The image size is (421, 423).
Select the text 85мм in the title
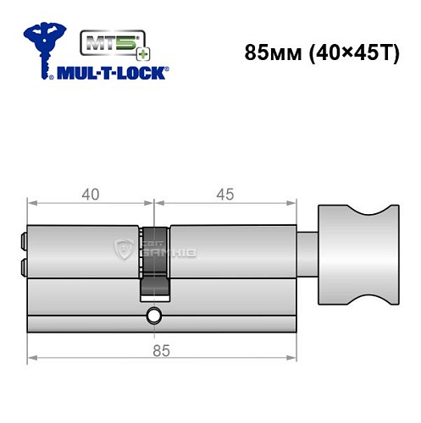pos(265,52)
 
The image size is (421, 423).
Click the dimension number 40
pos(90,194)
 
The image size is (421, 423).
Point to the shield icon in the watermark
pos(120,248)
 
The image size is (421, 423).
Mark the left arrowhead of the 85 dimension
pos(32,355)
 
